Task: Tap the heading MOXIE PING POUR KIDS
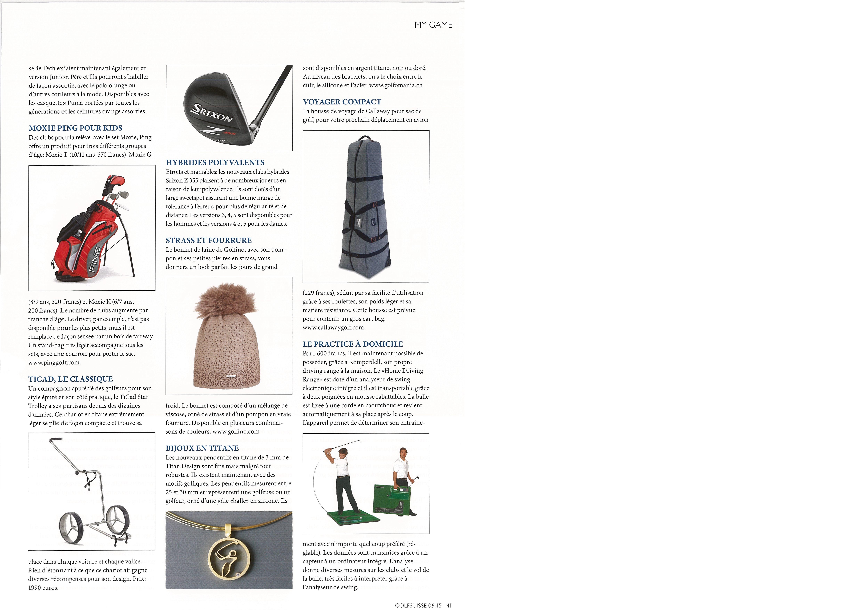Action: pyautogui.click(x=75, y=128)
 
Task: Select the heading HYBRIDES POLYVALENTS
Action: pyautogui.click(x=215, y=163)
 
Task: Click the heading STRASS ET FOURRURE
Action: pyautogui.click(x=209, y=241)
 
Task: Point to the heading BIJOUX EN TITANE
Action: pyautogui.click(x=202, y=448)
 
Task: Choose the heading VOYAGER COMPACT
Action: pyautogui.click(x=342, y=102)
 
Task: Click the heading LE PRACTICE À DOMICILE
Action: pyautogui.click(x=353, y=344)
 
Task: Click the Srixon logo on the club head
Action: pyautogui.click(x=212, y=113)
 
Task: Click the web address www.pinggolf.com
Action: pyautogui.click(x=54, y=363)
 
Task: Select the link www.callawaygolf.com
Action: pyautogui.click(x=334, y=327)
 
